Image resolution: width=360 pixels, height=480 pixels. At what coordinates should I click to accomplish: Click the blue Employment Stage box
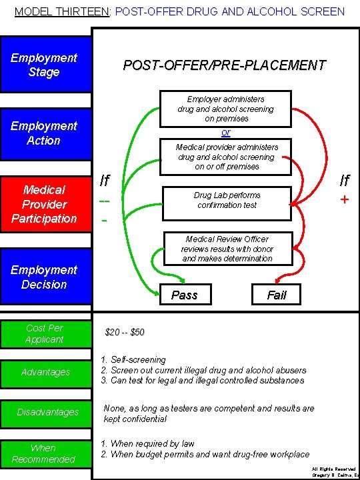45,65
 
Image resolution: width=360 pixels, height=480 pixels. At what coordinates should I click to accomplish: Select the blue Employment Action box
45,133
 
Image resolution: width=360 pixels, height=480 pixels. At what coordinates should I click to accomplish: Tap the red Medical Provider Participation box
45,204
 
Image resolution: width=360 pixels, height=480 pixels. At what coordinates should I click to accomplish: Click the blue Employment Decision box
45,277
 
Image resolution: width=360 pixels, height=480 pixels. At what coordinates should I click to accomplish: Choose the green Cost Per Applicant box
45,333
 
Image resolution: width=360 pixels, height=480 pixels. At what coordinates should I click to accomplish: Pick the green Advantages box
45,372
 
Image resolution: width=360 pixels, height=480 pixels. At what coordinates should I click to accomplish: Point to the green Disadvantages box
45,412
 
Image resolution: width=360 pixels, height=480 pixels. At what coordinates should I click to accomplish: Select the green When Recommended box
45,453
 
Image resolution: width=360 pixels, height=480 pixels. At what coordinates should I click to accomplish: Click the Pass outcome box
184,295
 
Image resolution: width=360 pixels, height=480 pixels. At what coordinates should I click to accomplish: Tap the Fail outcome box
276,295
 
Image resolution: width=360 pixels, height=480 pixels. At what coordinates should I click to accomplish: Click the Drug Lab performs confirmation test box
227,200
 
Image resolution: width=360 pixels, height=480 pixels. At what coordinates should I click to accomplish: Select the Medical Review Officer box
227,249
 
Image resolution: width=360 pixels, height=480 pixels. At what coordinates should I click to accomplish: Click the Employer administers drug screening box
225,108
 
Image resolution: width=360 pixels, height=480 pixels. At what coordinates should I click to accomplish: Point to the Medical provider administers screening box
227,157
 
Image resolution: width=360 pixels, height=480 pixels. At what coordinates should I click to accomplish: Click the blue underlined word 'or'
225,132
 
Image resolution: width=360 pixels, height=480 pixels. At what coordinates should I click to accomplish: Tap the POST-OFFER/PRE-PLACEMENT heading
225,65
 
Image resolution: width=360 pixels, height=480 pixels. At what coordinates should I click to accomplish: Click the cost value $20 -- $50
125,332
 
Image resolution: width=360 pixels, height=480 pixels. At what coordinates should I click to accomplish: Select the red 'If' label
344,180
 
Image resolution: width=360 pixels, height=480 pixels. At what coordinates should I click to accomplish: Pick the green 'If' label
105,180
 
